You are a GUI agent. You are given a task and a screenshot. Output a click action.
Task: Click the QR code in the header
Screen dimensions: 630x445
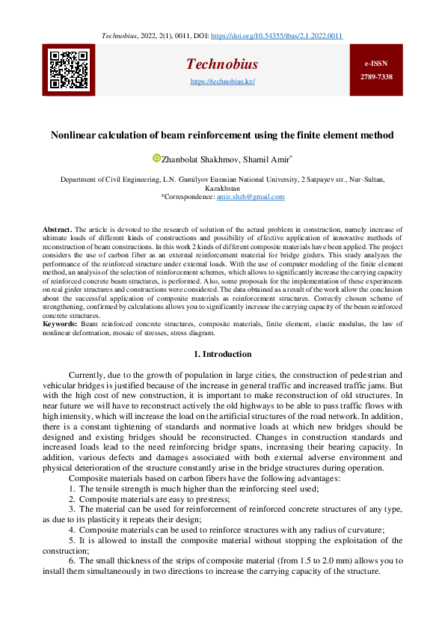coord(70,70)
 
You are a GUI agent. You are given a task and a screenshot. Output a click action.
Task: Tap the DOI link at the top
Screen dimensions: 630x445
coord(278,35)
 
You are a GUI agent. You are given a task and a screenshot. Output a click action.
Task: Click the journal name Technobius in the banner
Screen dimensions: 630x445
coord(222,64)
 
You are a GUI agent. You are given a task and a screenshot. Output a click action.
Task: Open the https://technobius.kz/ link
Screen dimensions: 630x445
coord(222,81)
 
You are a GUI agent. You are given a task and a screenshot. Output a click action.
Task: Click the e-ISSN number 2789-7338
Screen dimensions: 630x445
coord(376,76)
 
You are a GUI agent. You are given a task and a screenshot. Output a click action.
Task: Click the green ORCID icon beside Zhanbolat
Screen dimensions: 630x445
coord(156,158)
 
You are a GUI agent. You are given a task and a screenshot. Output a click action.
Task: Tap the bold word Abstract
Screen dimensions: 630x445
coord(56,229)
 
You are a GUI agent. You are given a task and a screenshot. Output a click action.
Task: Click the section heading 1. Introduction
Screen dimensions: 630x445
coord(222,354)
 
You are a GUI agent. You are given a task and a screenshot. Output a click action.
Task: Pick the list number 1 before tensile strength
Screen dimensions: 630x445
coord(71,489)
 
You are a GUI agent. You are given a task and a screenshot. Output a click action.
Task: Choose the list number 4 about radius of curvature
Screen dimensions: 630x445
coord(71,530)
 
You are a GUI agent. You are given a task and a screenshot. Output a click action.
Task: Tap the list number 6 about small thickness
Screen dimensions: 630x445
coord(71,560)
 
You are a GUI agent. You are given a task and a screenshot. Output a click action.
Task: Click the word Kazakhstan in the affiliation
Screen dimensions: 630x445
coord(222,189)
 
